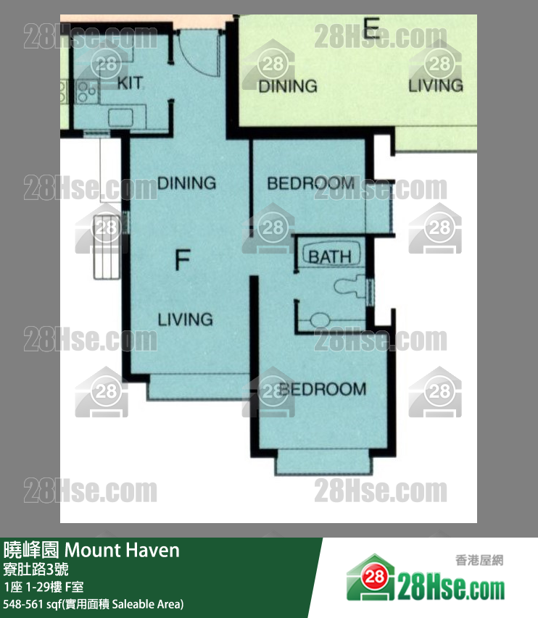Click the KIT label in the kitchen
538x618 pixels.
[131, 83]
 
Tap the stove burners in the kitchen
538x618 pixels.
[86, 91]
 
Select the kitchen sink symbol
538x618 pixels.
[120, 117]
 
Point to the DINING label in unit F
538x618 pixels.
[186, 183]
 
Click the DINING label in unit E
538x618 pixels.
[288, 86]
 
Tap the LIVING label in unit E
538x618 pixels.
[436, 85]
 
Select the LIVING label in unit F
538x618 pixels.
[186, 320]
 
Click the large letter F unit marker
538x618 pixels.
[183, 260]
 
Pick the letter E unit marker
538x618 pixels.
[371, 28]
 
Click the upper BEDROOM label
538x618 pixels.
[311, 183]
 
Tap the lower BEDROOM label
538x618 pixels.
[323, 389]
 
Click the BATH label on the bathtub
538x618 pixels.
[330, 257]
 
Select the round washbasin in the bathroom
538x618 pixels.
[320, 320]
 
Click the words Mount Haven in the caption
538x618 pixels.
[122, 550]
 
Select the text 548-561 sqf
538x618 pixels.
[30, 604]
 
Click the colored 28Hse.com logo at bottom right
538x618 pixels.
[425, 578]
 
